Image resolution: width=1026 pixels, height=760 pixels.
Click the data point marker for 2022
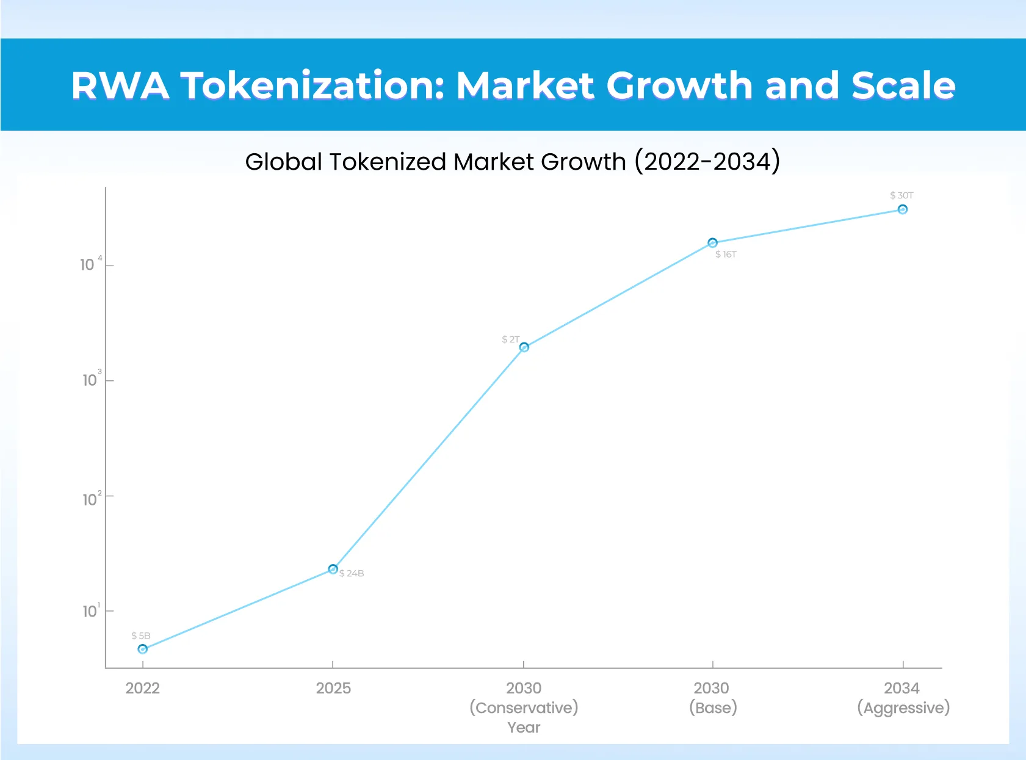143,649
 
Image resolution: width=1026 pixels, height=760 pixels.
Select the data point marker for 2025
333,569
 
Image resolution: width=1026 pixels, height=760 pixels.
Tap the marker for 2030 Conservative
524,347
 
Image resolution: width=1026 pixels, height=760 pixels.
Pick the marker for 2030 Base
712,243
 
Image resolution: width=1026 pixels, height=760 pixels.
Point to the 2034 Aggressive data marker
903,209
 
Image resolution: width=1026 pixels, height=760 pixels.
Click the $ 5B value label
140,635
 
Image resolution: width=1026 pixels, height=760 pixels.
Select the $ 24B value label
352,573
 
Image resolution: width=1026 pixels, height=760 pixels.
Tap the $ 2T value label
511,339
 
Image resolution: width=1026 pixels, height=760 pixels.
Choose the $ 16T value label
726,255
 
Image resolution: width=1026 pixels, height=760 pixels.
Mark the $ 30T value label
901,195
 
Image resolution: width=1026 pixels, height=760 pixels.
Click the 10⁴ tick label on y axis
90,264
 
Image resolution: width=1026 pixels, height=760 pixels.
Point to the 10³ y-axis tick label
92,380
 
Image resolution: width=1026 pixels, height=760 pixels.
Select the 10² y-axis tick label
92,499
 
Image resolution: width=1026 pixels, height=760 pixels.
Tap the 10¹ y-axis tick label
92,611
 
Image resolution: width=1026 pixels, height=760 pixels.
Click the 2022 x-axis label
142,688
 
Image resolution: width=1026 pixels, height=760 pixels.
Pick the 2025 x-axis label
333,688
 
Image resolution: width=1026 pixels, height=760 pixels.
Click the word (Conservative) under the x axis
524,708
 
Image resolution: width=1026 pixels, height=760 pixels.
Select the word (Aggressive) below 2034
903,708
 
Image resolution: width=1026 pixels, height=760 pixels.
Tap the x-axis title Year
524,727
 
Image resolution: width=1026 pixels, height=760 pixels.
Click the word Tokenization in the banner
312,85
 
